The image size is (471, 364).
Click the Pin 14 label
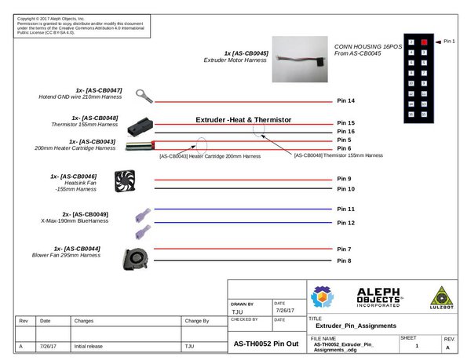tap(345, 100)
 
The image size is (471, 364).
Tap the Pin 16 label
tap(345, 131)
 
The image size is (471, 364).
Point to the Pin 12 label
tap(345, 223)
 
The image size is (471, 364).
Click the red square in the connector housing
tap(424, 41)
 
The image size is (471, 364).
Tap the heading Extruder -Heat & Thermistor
tap(243, 119)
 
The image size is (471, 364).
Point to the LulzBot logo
tap(444, 299)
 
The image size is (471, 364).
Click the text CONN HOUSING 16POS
tap(367, 46)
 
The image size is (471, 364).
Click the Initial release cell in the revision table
tap(91, 345)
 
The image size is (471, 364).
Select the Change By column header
tap(196, 320)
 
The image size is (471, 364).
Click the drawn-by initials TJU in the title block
tap(238, 311)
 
